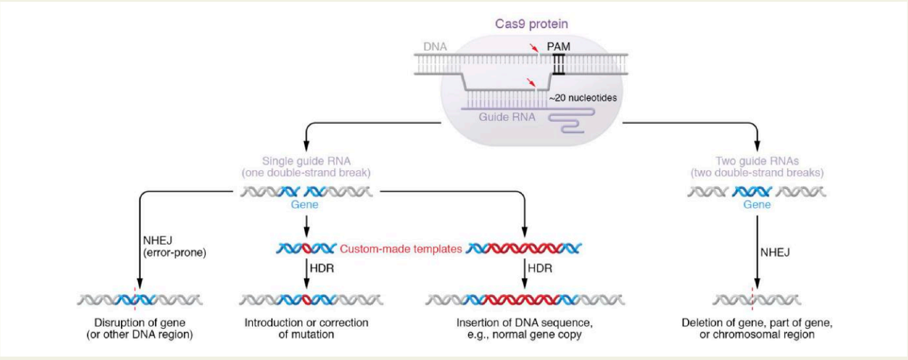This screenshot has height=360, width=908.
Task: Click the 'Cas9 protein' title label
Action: tap(532, 24)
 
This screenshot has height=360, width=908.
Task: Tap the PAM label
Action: tap(558, 46)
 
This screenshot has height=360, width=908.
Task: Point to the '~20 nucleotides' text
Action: tap(583, 98)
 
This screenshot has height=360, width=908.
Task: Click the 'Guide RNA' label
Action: tap(507, 117)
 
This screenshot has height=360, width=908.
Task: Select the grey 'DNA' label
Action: tap(435, 46)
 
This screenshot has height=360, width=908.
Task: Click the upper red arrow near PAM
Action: tap(534, 48)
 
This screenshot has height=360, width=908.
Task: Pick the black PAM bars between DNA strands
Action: tap(559, 64)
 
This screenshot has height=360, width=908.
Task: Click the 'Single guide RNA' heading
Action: tap(306, 161)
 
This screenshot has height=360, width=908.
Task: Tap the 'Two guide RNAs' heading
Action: tap(757, 161)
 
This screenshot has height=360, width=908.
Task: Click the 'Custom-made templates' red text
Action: tap(400, 249)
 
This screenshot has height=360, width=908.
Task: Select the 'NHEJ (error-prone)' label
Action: tap(174, 247)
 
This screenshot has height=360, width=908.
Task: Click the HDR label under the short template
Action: tap(322, 268)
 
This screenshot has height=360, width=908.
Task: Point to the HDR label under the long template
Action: tap(540, 268)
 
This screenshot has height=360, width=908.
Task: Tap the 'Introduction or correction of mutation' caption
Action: tap(307, 329)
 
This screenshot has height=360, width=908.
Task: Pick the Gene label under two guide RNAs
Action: tap(757, 204)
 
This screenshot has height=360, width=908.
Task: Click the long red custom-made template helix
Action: tap(524, 248)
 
